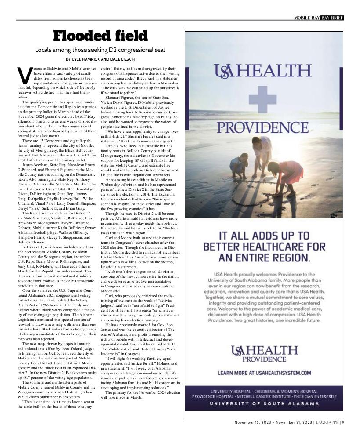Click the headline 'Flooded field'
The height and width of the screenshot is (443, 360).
click(x=100, y=36)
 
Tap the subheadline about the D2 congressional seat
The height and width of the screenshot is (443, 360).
click(x=100, y=50)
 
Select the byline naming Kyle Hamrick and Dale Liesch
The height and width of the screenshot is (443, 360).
click(x=100, y=59)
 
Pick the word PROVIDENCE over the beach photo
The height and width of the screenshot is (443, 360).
click(x=263, y=128)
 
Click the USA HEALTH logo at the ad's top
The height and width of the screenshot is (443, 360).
click(x=263, y=70)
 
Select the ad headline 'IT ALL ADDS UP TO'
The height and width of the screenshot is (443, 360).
click(x=263, y=235)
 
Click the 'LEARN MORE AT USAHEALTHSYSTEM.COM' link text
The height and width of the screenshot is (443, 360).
click(x=264, y=373)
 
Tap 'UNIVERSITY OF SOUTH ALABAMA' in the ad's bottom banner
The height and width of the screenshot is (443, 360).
click(x=264, y=403)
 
